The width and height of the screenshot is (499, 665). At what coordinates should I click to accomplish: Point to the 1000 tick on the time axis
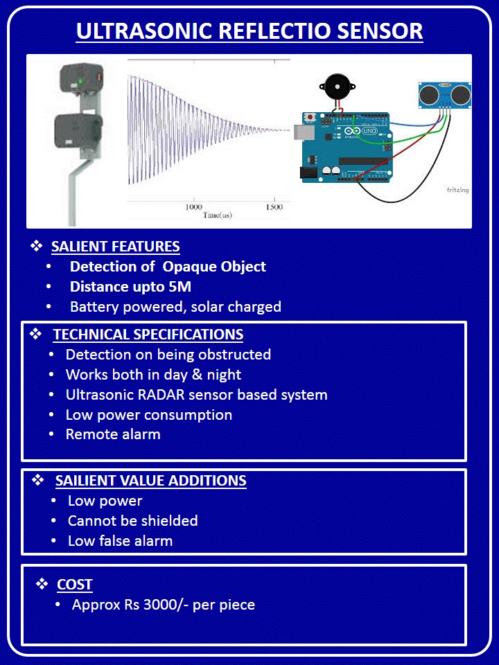[x=195, y=207]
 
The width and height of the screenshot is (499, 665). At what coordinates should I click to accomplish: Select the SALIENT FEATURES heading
[x=116, y=247]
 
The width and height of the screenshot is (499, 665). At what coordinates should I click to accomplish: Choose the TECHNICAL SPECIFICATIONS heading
[x=148, y=335]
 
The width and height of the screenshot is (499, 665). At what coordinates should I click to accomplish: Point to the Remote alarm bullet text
[x=113, y=434]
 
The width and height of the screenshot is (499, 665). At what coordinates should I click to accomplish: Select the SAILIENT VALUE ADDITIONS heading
[x=150, y=481]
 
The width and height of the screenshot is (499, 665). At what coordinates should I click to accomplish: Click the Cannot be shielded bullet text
[x=132, y=521]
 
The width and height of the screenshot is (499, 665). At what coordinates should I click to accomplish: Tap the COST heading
[x=75, y=585]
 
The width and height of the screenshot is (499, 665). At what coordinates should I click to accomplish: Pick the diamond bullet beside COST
[x=42, y=584]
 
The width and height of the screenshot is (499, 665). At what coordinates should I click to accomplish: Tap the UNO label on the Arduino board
[x=369, y=131]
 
